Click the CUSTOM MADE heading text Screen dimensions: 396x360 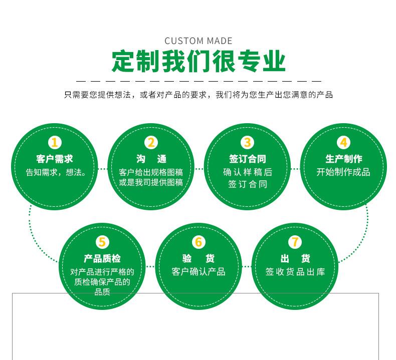click(198, 41)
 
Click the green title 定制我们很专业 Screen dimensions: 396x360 click(198, 62)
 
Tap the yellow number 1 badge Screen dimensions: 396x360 click(55, 143)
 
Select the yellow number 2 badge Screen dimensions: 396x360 click(151, 143)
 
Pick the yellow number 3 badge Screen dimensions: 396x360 click(247, 143)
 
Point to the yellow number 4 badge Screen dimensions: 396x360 click(343, 143)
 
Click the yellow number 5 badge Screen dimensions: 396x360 click(102, 242)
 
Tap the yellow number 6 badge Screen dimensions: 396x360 click(199, 242)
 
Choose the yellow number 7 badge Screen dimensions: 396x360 click(295, 242)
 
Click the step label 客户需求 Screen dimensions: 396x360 click(55, 159)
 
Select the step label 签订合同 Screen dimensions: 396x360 click(247, 159)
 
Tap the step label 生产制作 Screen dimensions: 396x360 click(343, 159)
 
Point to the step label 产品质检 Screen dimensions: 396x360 click(102, 259)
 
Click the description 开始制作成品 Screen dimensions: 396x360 click(343, 172)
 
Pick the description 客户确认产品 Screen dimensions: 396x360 click(199, 272)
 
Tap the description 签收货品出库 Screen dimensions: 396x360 click(295, 272)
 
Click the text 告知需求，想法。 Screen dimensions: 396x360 click(56, 172)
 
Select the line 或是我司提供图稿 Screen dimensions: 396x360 click(151, 183)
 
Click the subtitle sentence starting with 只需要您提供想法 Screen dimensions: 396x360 click(198, 95)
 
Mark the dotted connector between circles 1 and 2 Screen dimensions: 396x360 click(103, 169)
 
